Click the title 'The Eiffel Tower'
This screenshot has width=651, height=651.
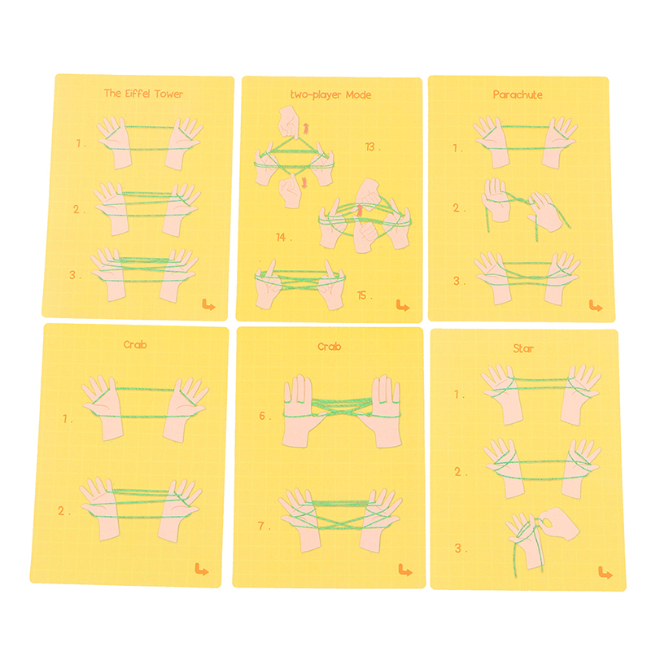click(143, 94)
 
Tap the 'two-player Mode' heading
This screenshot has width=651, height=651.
click(330, 95)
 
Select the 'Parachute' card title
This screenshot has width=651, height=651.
click(518, 94)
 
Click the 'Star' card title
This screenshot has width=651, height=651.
click(523, 348)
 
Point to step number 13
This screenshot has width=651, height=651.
click(373, 147)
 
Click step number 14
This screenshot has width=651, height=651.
click(284, 238)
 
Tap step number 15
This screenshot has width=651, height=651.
click(365, 295)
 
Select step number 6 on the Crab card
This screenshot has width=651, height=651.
click(264, 416)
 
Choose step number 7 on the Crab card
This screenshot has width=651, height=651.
click(264, 526)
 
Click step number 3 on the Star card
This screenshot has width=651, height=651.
click(461, 548)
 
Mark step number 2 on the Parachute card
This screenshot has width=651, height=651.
click(459, 208)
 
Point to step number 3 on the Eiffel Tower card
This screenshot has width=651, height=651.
click(76, 275)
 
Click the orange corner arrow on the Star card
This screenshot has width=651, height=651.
click(605, 573)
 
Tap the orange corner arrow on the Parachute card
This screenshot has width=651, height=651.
click(596, 307)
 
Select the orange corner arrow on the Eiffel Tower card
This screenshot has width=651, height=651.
click(208, 305)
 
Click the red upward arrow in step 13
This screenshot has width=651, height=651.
click(306, 129)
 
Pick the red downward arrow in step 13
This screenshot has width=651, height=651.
click(304, 182)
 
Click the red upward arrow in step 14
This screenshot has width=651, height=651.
click(360, 210)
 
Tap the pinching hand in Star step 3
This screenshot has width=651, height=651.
click(557, 522)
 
